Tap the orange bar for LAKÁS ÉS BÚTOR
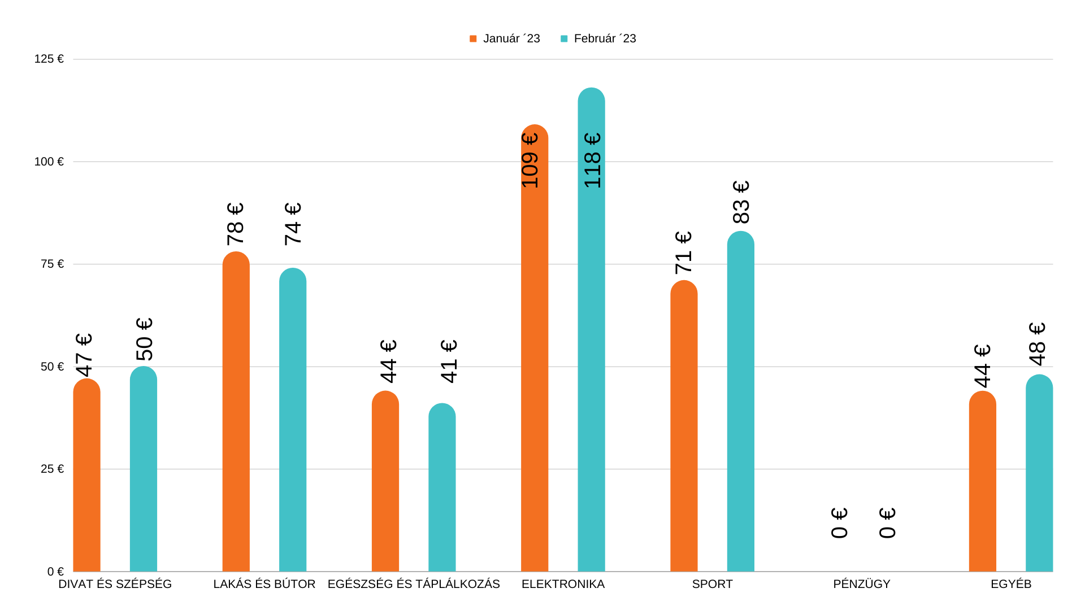pyautogui.click(x=236, y=412)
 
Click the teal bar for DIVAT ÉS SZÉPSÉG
pyautogui.click(x=144, y=469)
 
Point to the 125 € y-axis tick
pyautogui.click(x=49, y=59)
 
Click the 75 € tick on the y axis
pyautogui.click(x=53, y=264)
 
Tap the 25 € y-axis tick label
pyautogui.click(x=53, y=469)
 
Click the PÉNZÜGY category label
pyautogui.click(x=861, y=584)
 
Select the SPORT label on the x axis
pyautogui.click(x=712, y=584)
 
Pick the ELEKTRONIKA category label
pyautogui.click(x=563, y=584)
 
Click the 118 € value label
pyautogui.click(x=592, y=160)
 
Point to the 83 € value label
pyautogui.click(x=741, y=202)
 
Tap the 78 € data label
pyautogui.click(x=236, y=224)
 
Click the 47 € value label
pyautogui.click(x=84, y=355)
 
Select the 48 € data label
pyautogui.click(x=1038, y=344)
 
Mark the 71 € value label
pyautogui.click(x=683, y=252)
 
